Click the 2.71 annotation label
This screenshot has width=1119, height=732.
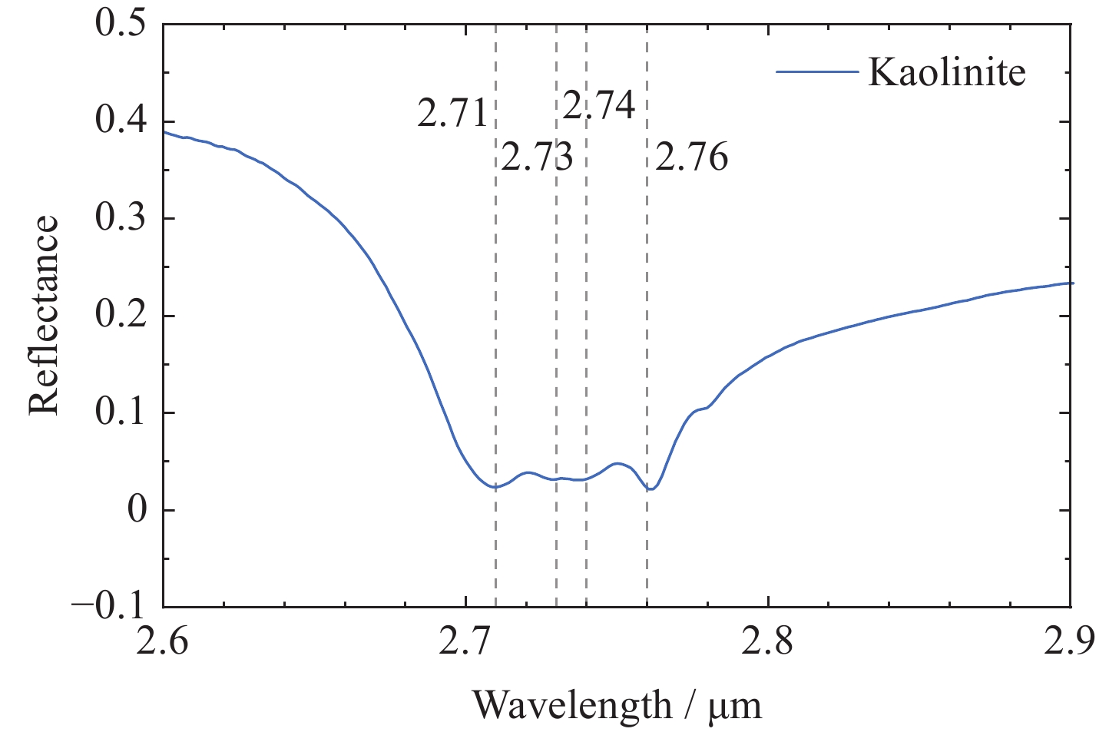[x=452, y=114]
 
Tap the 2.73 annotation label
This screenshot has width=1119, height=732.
[x=537, y=158]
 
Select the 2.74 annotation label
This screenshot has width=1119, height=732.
[x=599, y=105]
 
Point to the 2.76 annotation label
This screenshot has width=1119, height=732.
[x=691, y=157]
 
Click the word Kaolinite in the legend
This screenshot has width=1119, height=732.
[x=947, y=72]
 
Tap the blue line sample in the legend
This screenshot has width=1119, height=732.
[x=816, y=72]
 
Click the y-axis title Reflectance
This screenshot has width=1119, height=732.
[x=44, y=315]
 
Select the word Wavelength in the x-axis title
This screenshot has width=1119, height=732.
[x=571, y=704]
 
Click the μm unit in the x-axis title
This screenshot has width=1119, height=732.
[x=735, y=704]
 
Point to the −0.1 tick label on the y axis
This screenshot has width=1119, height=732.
[x=109, y=607]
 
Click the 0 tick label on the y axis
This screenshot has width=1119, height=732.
[x=137, y=510]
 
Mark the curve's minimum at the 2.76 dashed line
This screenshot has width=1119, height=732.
[x=649, y=489]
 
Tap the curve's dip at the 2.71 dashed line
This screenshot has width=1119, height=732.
[x=495, y=487]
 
